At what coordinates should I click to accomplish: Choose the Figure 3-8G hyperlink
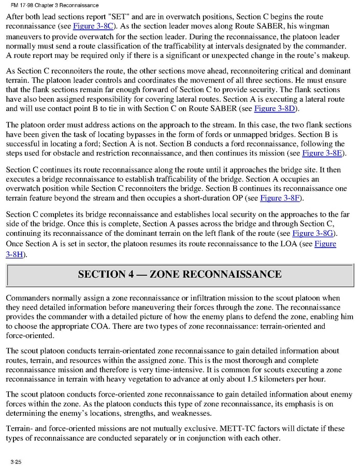point(313,233)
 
